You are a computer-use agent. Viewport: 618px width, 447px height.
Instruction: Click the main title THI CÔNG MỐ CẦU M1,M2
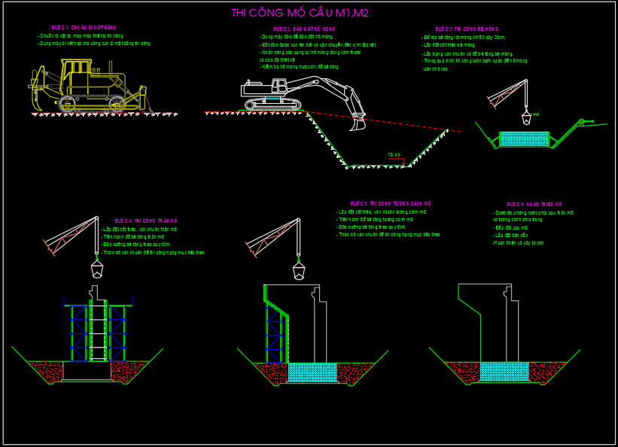click(305, 13)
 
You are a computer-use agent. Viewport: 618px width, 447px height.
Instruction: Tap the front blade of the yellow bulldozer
click(143, 98)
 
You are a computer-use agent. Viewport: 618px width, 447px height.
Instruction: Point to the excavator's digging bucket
click(359, 120)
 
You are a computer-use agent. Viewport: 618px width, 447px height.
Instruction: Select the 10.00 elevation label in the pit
click(394, 155)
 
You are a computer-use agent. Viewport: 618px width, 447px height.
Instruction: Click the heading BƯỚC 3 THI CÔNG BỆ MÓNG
click(464, 29)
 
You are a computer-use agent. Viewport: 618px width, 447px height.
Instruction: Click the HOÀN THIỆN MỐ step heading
click(534, 204)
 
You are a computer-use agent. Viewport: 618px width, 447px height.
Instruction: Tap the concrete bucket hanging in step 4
click(97, 268)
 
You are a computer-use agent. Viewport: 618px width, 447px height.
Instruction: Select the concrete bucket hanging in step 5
click(299, 268)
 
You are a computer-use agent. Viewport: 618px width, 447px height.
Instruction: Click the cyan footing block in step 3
click(525, 138)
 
